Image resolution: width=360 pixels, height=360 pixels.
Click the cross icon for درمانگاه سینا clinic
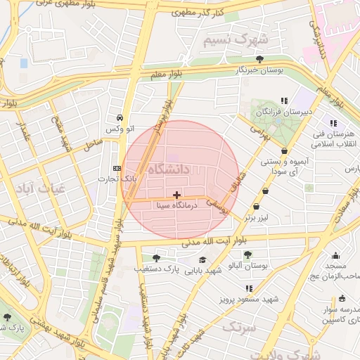click(176, 195)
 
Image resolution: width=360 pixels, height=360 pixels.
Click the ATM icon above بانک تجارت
click(117, 169)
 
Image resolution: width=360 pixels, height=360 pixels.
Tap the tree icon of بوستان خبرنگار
click(260, 59)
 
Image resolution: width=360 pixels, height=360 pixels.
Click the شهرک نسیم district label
click(236, 40)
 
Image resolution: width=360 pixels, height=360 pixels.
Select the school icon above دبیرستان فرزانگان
click(284, 101)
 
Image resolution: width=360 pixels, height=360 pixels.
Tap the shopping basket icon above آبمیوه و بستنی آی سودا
click(284, 150)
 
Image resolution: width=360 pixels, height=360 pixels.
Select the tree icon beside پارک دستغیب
click(156, 257)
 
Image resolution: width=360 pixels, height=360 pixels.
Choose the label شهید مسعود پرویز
click(251, 299)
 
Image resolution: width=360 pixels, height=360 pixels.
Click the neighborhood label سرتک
click(235, 327)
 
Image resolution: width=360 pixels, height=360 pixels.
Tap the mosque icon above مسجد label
click(335, 255)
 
